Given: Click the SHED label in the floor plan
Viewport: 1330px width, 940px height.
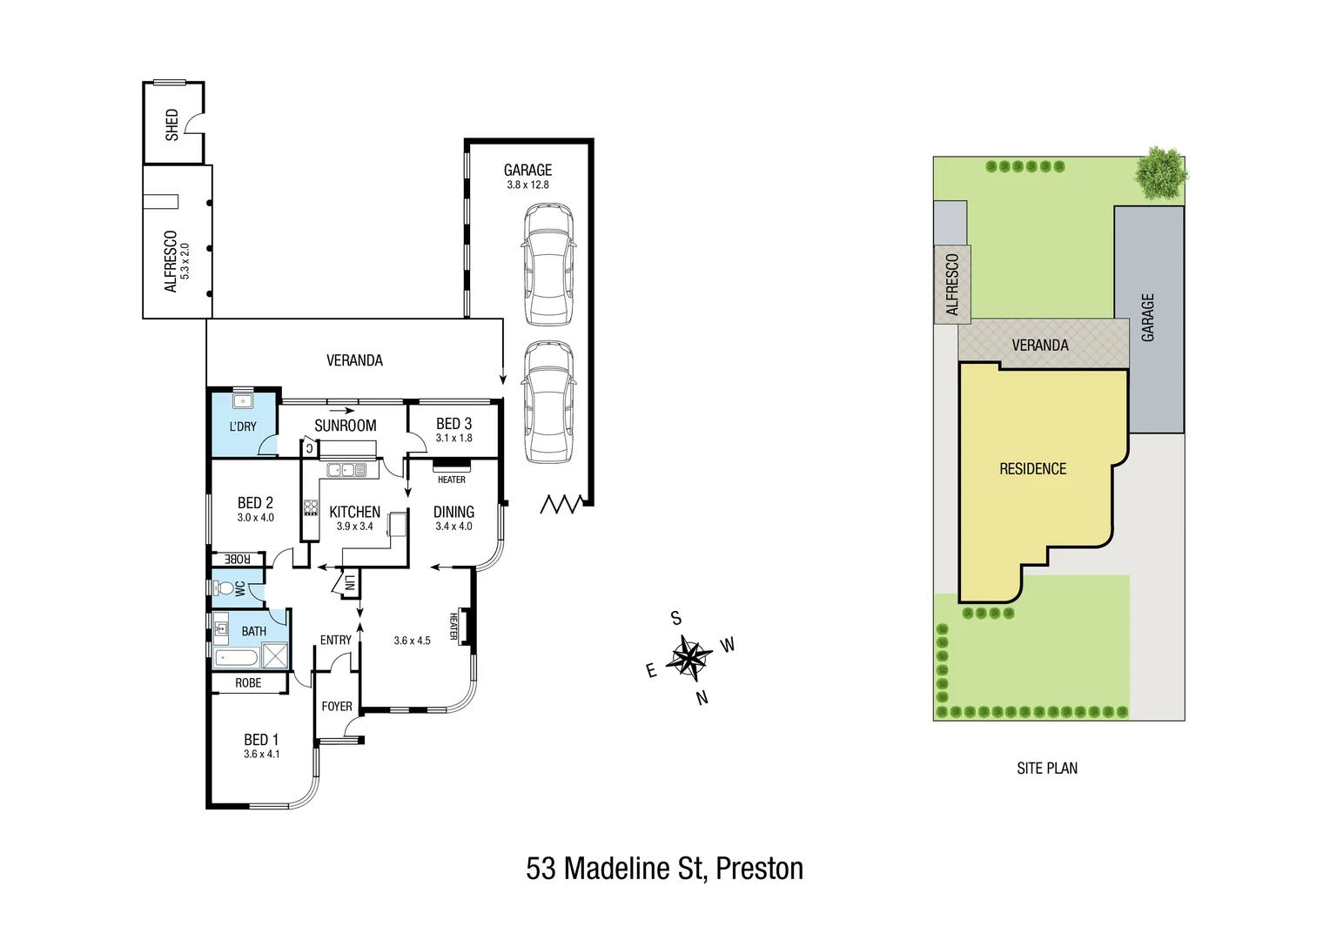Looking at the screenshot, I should click(172, 124).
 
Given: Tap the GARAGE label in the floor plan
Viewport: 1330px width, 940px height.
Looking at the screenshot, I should click(527, 170).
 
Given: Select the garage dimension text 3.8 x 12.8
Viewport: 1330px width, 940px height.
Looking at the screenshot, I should click(527, 185).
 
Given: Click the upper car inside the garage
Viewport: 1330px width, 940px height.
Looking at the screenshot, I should click(548, 265).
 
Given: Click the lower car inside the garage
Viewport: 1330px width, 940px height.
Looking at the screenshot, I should click(548, 401).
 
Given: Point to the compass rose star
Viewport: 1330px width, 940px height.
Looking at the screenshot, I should click(689, 657).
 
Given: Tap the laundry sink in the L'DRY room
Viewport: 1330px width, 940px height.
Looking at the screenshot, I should click(243, 402).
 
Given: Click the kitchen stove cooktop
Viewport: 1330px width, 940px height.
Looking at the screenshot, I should click(311, 507).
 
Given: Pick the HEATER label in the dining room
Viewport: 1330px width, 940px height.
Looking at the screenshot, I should click(451, 480).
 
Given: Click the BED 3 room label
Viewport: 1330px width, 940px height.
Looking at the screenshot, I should click(453, 424).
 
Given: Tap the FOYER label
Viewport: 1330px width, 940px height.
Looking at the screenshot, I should click(337, 706).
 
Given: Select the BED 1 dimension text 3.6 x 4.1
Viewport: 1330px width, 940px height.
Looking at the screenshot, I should click(261, 754).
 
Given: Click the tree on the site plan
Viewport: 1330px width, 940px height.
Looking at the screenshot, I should click(1160, 172).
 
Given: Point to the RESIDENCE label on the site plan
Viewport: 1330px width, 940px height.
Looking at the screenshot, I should click(1032, 469).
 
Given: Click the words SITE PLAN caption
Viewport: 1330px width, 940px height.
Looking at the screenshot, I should click(1046, 768).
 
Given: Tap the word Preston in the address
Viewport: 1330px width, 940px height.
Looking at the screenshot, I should click(759, 868).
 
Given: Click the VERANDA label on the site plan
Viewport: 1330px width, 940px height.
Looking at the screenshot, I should click(1039, 346).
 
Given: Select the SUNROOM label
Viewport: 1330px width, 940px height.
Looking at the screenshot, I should click(345, 426).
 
